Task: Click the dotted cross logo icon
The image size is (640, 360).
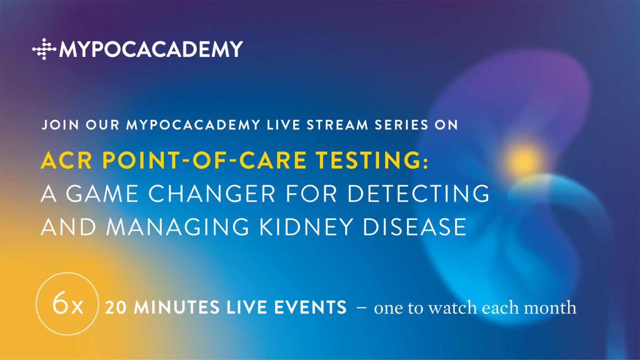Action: click(x=44, y=49)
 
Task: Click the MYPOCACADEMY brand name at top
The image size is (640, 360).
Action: click(x=151, y=49)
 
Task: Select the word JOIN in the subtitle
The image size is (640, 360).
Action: click(x=60, y=125)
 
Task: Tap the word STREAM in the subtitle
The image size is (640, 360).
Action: click(x=337, y=125)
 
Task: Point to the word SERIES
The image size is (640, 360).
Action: click(x=402, y=125)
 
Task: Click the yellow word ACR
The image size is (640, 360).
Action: click(x=66, y=160)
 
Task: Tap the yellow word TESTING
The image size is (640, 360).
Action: click(x=369, y=160)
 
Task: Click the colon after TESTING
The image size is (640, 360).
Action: click(x=426, y=162)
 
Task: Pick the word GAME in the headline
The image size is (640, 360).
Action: click(x=102, y=194)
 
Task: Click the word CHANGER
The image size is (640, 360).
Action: click(x=212, y=194)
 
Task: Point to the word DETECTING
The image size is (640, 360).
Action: click(x=419, y=194)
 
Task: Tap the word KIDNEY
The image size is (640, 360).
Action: click(x=306, y=227)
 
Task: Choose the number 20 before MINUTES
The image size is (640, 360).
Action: click(x=116, y=307)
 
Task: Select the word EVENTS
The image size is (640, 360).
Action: click(x=310, y=307)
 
